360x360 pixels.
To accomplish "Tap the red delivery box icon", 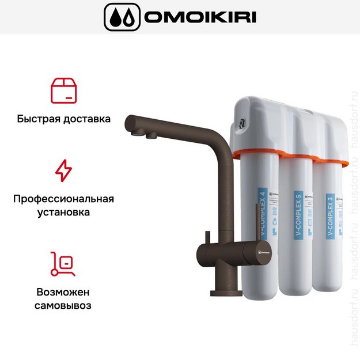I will (x=63, y=90).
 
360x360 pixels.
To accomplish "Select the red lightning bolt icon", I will (x=63, y=170).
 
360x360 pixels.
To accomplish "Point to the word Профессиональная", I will (x=63, y=199).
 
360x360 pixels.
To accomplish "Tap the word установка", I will (x=63, y=213).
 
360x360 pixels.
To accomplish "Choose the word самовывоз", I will (x=63, y=305).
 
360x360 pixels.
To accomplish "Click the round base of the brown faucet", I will (x=223, y=293).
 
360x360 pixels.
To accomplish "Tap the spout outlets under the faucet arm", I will (x=144, y=135).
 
